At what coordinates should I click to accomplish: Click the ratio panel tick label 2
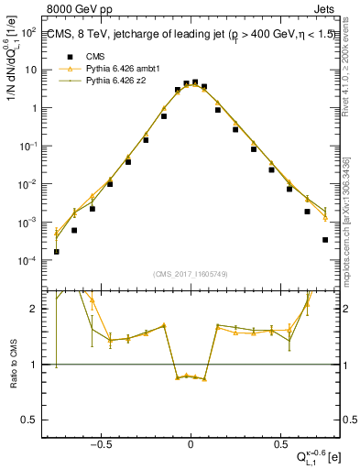(37, 309)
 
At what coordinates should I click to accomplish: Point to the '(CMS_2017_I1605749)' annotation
(191, 274)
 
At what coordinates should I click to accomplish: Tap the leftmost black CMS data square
(57, 251)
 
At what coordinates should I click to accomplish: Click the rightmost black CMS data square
(325, 240)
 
